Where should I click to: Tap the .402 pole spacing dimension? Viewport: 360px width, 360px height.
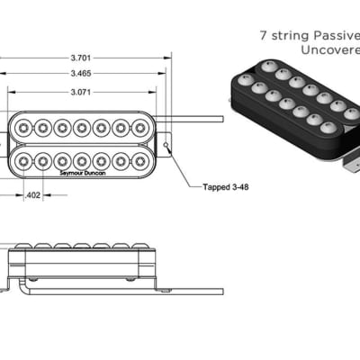point(33,194)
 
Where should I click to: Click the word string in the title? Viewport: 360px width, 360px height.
point(285,38)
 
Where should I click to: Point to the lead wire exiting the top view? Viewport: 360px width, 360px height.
point(198,118)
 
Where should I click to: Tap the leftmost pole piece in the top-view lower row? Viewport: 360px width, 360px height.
point(24,162)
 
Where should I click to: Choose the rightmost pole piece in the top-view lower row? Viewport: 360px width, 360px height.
point(140,162)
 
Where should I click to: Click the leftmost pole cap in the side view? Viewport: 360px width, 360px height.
point(23,246)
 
